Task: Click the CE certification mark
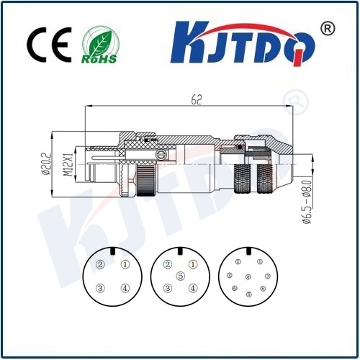[48, 45]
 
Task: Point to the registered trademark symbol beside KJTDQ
[326, 28]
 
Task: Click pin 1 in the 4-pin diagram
[125, 264]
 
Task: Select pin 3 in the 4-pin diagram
[101, 289]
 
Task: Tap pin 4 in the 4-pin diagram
[125, 289]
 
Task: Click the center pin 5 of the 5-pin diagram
[180, 276]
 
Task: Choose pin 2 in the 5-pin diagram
[168, 264]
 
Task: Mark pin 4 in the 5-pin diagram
[192, 289]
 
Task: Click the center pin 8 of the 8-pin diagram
[248, 277]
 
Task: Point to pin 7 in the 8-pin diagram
[267, 276]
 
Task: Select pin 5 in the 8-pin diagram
[249, 294]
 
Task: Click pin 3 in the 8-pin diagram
[229, 276]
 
